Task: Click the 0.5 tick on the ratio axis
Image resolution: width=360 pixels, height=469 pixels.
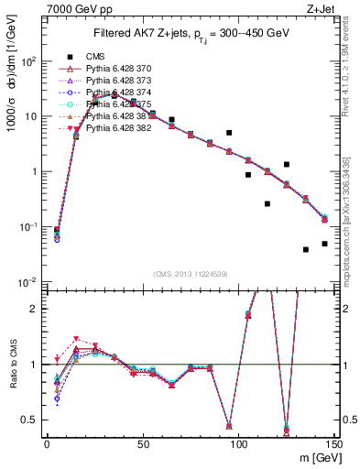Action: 30,420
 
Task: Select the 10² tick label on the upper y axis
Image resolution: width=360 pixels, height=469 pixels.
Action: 29,61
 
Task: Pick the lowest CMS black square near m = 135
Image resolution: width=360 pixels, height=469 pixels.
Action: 306,249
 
